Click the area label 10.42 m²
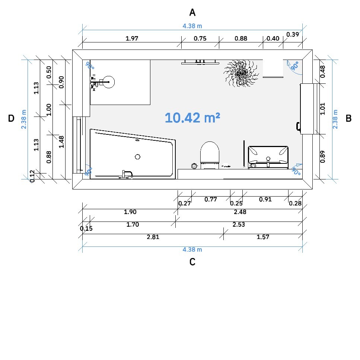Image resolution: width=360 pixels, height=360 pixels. tap(192, 118)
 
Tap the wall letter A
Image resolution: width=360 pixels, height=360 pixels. tap(192, 12)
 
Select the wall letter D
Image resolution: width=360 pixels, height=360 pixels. tap(11, 118)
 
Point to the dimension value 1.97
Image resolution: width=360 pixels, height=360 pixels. tap(132, 38)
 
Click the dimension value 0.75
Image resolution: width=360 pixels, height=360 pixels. tap(200, 38)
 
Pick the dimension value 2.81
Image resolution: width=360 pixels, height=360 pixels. tap(153, 237)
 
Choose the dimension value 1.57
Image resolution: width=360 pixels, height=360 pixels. tap(263, 237)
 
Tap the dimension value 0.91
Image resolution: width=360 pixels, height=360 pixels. tap(265, 199)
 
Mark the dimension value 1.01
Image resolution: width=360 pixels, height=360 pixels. tap(322, 109)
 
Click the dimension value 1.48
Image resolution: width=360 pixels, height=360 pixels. tap(61, 142)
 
